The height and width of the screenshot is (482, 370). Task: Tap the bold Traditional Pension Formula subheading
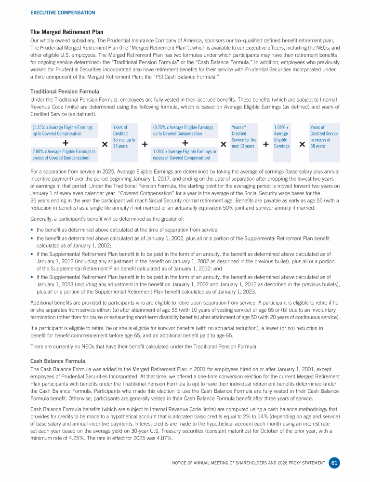[x=65, y=91]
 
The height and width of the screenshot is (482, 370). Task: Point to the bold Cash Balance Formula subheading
[x=57, y=361]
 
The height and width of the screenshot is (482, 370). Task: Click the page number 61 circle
[x=334, y=463]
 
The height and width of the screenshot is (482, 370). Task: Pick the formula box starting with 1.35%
[x=62, y=130]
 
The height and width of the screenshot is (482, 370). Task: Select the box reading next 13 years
[x=244, y=142]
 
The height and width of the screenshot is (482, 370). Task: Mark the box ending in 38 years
[x=324, y=142]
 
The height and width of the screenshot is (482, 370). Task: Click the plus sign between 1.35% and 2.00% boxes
[x=66, y=143]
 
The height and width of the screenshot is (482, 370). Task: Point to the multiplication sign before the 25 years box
[x=105, y=144]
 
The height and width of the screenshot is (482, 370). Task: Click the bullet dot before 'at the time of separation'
[x=32, y=230]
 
